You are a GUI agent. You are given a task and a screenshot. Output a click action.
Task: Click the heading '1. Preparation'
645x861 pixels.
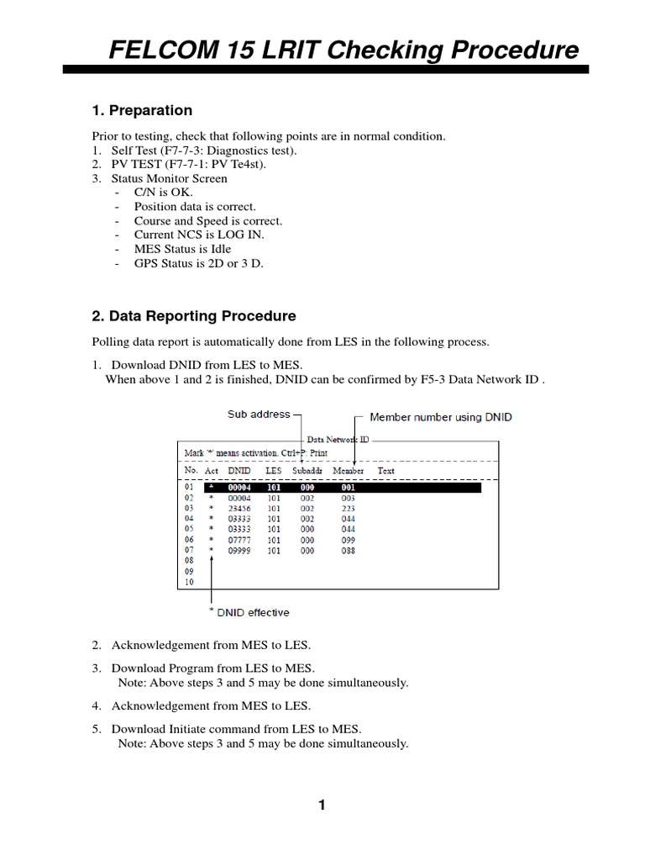coord(141,111)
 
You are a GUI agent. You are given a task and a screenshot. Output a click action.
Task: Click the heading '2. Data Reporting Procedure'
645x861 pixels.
coord(193,316)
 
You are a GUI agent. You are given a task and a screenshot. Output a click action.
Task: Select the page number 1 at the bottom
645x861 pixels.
coord(322,806)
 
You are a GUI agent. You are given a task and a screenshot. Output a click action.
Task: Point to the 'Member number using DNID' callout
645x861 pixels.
coord(441,417)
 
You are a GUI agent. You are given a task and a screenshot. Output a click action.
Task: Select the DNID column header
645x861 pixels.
coord(239,471)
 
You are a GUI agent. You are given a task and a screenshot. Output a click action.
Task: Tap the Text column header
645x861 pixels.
coord(385,471)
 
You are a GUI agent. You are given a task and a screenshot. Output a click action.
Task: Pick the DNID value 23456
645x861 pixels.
coord(239,508)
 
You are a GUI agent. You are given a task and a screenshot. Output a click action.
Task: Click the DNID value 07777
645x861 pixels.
coord(239,540)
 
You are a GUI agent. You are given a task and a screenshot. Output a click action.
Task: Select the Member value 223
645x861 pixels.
coord(348,508)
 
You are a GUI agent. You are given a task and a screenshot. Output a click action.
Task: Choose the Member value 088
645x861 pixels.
coord(348,551)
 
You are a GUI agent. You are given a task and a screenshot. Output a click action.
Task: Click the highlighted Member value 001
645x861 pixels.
coord(348,487)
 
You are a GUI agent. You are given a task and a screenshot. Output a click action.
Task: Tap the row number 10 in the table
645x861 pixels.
coord(189,582)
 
